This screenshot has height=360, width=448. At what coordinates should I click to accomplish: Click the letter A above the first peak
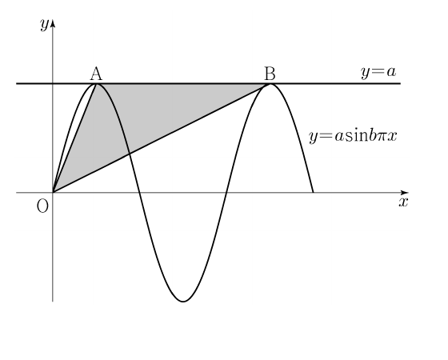click(96, 74)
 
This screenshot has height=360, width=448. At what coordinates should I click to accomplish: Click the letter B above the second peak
click(270, 74)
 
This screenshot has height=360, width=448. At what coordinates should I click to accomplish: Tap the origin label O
click(42, 206)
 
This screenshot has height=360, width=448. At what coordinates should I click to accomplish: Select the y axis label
click(44, 25)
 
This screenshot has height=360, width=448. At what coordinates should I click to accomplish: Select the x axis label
click(403, 202)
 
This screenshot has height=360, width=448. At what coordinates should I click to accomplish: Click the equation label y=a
click(378, 72)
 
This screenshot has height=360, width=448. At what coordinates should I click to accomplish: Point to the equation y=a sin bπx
click(353, 136)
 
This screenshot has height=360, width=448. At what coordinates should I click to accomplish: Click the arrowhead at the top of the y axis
click(53, 24)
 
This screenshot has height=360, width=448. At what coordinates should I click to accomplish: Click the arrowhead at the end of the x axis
click(405, 193)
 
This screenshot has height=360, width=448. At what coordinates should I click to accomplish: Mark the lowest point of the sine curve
click(183, 302)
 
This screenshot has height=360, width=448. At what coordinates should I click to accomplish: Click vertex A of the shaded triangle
click(97, 84)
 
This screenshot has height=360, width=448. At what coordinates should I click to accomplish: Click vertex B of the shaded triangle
click(270, 84)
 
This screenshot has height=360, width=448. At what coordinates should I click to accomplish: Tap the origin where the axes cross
click(53, 193)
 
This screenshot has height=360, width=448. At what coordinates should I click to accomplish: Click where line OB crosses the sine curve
click(130, 154)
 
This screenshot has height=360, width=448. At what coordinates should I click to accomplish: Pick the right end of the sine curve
click(314, 192)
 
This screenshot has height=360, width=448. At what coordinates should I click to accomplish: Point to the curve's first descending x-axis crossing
click(140, 193)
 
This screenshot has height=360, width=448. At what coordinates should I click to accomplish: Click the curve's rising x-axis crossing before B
click(226, 193)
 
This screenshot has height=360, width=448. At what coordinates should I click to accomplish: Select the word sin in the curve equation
click(355, 136)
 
